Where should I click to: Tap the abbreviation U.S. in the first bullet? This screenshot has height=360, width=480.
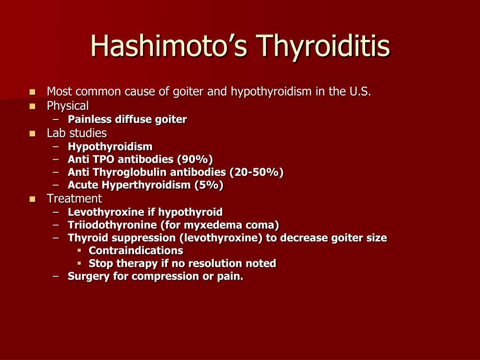click(360, 91)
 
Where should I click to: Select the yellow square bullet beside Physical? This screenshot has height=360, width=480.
click(32, 106)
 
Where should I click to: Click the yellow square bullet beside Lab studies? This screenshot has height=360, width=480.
click(32, 133)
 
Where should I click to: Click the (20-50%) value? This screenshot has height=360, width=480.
click(259, 172)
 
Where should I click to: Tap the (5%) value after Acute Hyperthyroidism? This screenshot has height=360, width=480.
click(209, 186)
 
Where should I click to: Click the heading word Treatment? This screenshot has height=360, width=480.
click(74, 198)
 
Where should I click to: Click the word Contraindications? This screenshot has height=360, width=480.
click(136, 250)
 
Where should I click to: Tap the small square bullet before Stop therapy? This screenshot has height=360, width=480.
click(79, 263)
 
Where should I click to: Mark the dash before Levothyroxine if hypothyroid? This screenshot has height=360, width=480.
click(56, 212)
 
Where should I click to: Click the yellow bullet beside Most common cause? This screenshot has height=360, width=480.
click(32, 91)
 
